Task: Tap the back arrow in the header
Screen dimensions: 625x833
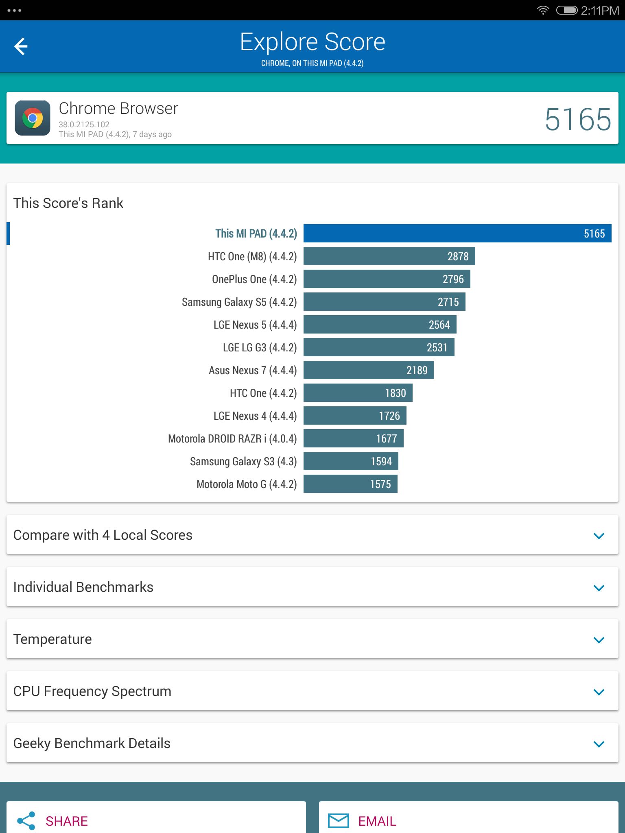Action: pyautogui.click(x=21, y=46)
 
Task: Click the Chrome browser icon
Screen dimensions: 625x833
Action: pyautogui.click(x=33, y=118)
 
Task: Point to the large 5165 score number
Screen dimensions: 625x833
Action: pyautogui.click(x=578, y=120)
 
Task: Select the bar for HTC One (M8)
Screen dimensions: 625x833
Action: pyautogui.click(x=389, y=256)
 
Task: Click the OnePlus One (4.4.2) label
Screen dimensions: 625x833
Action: pyautogui.click(x=254, y=279)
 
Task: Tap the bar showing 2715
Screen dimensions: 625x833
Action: pyautogui.click(x=385, y=302)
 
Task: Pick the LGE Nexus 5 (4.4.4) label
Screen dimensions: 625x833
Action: pyautogui.click(x=255, y=325)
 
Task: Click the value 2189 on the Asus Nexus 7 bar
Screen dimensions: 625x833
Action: pyautogui.click(x=417, y=370)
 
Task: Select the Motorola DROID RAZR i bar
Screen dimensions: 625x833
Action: pyautogui.click(x=354, y=438)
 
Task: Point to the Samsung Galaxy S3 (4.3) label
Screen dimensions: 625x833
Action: pyautogui.click(x=243, y=462)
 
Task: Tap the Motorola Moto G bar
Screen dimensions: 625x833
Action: pyautogui.click(x=350, y=484)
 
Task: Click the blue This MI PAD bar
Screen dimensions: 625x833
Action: pyautogui.click(x=457, y=233)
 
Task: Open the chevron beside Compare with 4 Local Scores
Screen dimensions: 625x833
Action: pyautogui.click(x=599, y=536)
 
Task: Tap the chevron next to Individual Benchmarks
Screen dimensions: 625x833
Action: pyautogui.click(x=599, y=588)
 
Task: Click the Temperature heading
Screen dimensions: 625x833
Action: pyautogui.click(x=52, y=639)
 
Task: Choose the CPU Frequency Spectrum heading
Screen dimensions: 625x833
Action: pyautogui.click(x=92, y=691)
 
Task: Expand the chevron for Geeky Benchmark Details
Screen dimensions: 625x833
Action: pyautogui.click(x=599, y=744)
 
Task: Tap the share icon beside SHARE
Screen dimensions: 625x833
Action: pyautogui.click(x=26, y=821)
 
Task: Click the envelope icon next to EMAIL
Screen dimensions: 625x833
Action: pyautogui.click(x=339, y=821)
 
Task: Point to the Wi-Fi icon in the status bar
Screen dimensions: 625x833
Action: pyautogui.click(x=543, y=10)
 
